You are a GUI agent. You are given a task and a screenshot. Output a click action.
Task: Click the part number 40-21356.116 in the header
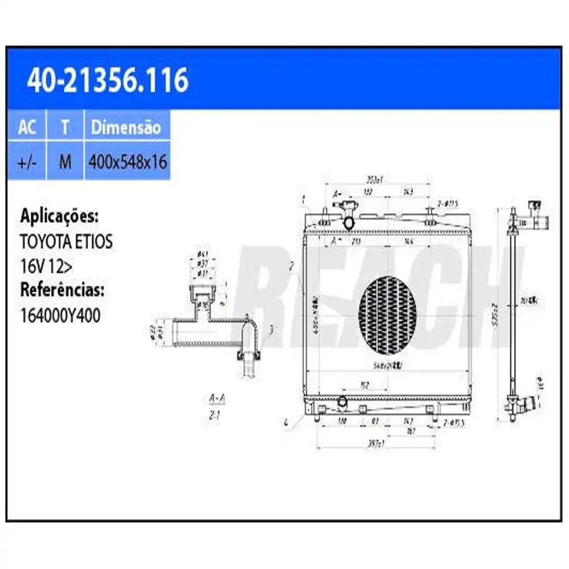point(108,80)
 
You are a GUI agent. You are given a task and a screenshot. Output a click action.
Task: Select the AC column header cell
point(27,127)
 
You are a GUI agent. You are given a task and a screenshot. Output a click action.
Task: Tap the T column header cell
point(65,127)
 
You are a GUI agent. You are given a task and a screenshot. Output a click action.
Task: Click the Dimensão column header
point(126,127)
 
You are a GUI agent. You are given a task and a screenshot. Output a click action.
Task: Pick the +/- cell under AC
point(27,162)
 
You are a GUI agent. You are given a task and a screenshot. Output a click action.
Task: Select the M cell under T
point(65,162)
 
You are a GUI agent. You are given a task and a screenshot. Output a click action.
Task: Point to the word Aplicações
point(59,216)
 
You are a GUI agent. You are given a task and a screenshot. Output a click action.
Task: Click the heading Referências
point(62,290)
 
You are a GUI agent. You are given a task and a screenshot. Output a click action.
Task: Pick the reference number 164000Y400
point(60,315)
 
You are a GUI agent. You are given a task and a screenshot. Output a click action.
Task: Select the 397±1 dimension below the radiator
point(375,443)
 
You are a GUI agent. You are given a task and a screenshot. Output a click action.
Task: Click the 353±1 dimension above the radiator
point(374,179)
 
